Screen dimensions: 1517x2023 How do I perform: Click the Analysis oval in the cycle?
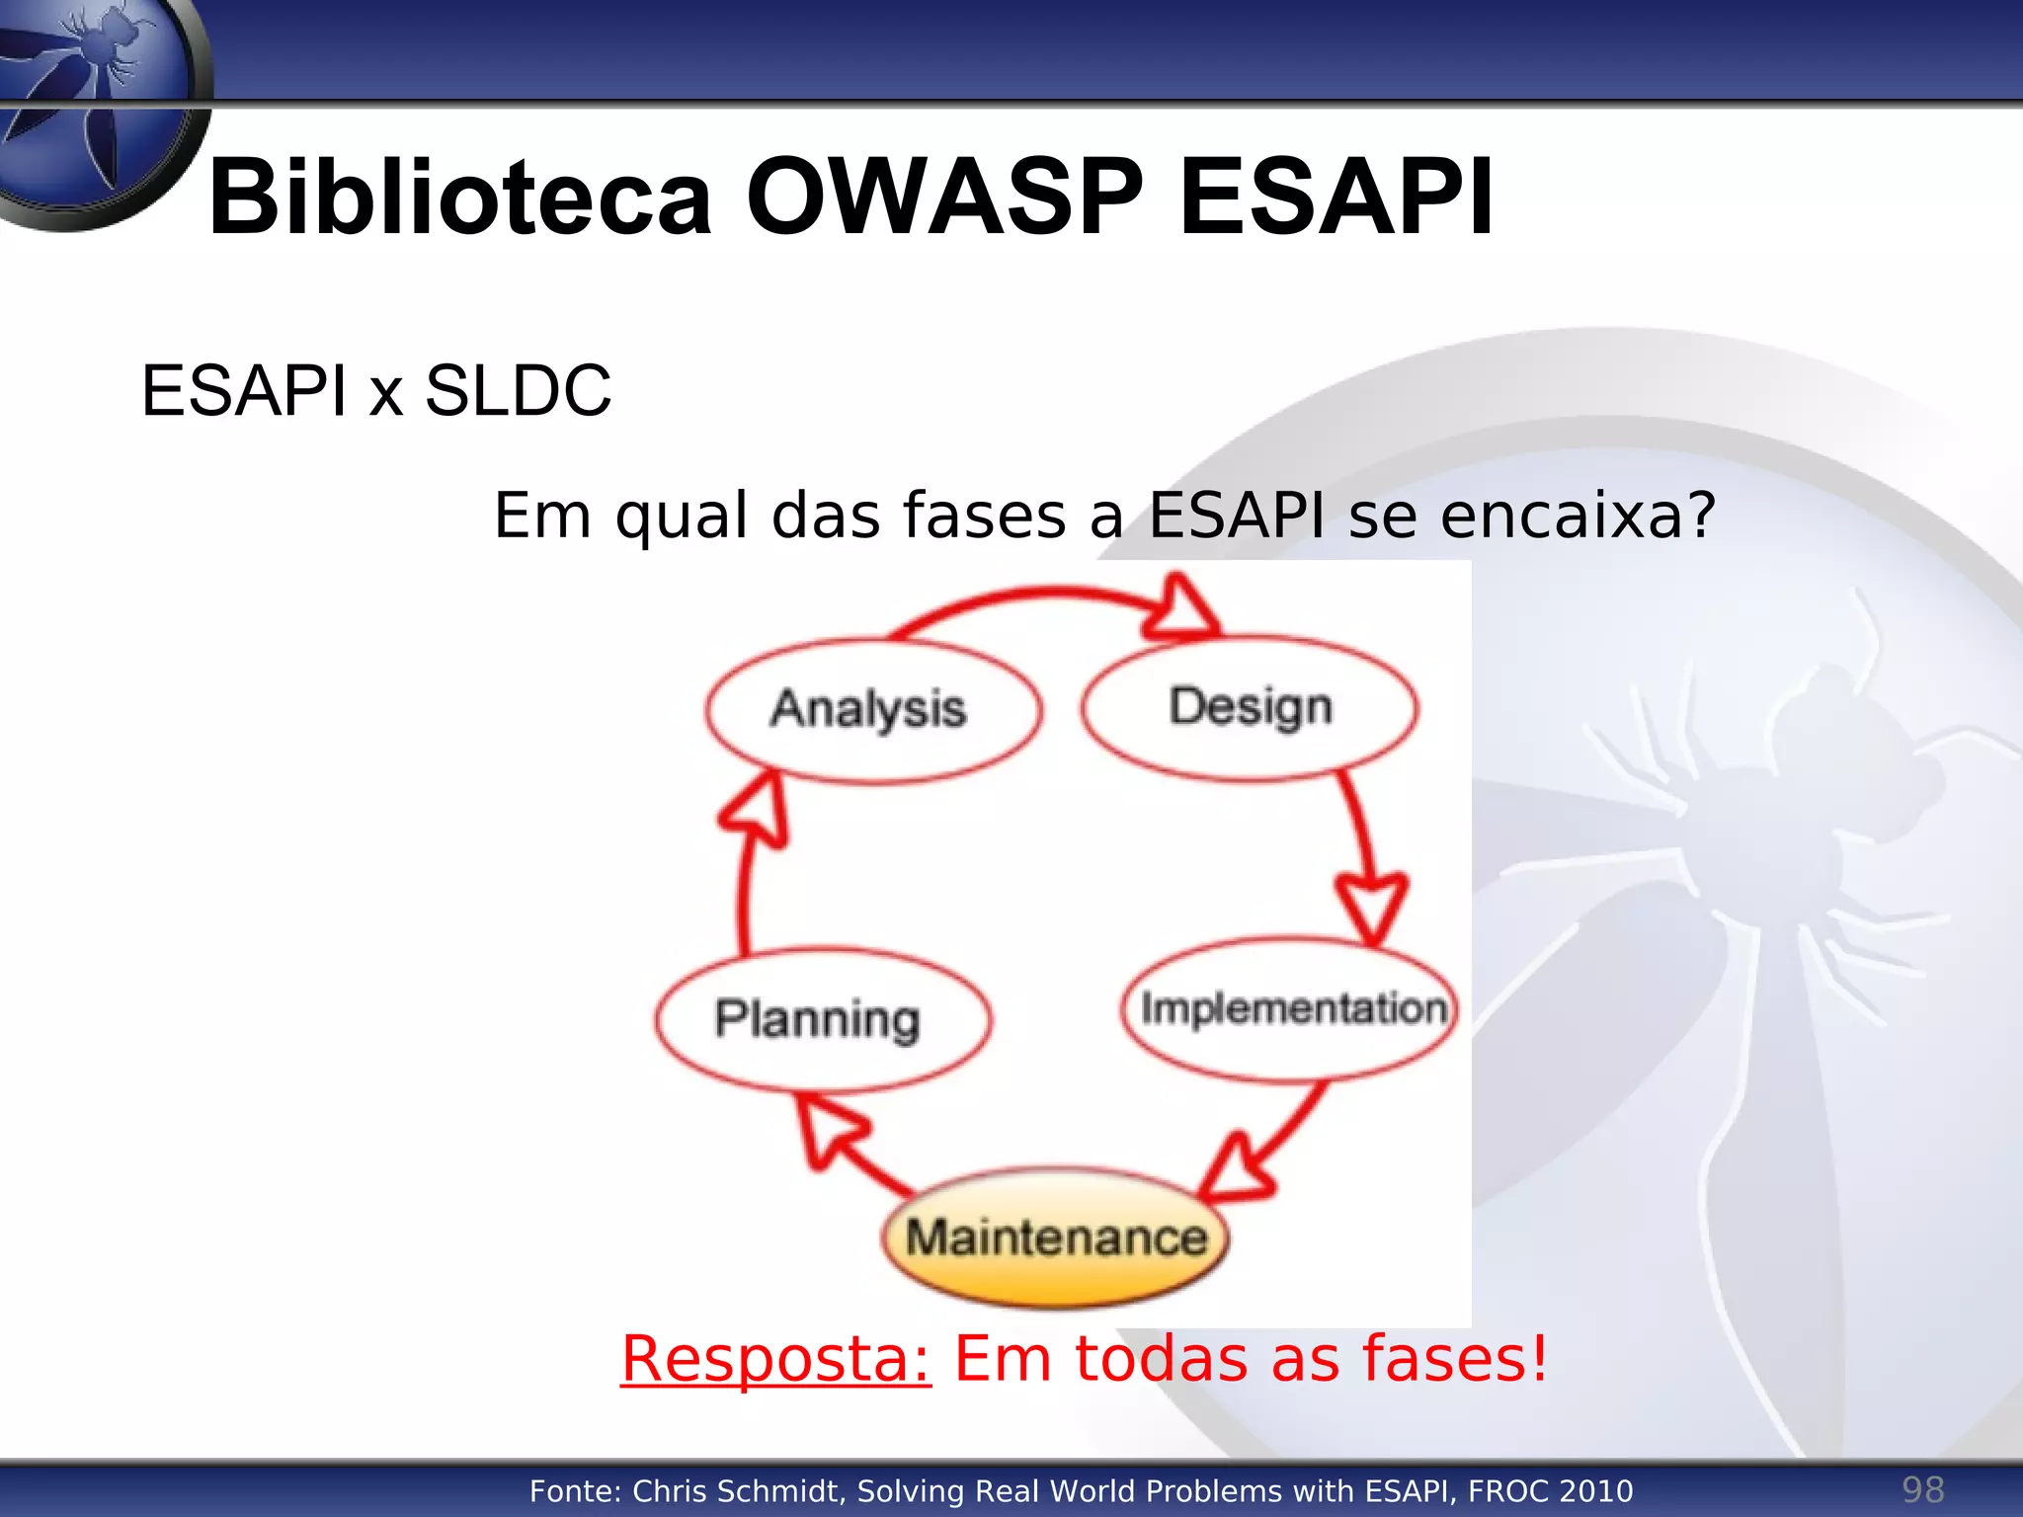[871, 711]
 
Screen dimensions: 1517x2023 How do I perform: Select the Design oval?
[1250, 707]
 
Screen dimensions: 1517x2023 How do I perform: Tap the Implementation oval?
[1290, 1009]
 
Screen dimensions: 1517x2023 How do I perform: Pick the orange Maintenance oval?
[1055, 1238]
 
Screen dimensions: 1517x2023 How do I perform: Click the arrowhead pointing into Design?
[1180, 608]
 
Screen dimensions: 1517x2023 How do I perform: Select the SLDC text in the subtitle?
[518, 391]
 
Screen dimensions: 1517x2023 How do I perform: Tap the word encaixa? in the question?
[1578, 516]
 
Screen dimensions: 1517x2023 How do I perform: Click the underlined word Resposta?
[775, 1359]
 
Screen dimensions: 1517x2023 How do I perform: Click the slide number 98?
[1922, 1489]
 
